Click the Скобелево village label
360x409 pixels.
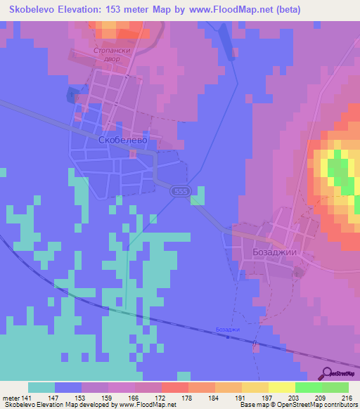coord(122,140)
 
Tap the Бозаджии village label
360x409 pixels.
coord(271,252)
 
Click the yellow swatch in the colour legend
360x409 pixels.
coord(281,387)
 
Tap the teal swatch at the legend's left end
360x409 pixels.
coord(41,387)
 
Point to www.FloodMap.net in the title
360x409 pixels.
coord(231,9)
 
